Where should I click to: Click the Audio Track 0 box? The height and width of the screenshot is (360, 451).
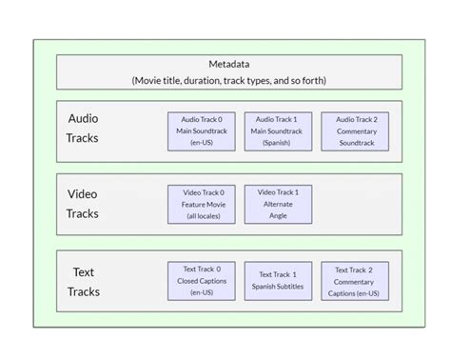[x=202, y=131]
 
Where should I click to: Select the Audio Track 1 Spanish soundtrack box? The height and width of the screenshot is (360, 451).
[x=278, y=131]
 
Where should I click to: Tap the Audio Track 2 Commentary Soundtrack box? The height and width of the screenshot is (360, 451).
[x=354, y=131]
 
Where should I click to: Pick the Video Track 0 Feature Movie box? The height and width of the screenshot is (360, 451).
[x=202, y=204]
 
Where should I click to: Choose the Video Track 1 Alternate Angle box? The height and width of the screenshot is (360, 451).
[x=278, y=204]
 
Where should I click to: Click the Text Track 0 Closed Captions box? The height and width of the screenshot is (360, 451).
[x=202, y=281]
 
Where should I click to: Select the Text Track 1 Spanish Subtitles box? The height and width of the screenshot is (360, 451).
[x=278, y=281]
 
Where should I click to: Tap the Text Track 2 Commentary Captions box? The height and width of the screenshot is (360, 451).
[x=354, y=281]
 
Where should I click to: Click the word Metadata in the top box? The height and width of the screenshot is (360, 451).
[x=228, y=65]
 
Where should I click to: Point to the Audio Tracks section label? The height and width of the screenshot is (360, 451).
[x=83, y=129]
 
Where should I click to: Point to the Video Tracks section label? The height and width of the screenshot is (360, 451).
[x=83, y=204]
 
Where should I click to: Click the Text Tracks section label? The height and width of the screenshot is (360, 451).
[x=83, y=281]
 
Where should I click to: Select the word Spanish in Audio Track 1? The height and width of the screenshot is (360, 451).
[x=278, y=143]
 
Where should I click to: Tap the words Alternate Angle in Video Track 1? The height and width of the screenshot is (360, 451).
[x=278, y=210]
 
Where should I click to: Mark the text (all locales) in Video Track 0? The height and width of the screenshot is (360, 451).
[x=202, y=215]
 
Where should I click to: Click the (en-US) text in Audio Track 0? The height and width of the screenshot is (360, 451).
[x=202, y=143]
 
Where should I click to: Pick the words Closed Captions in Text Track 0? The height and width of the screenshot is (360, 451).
[x=202, y=281]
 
